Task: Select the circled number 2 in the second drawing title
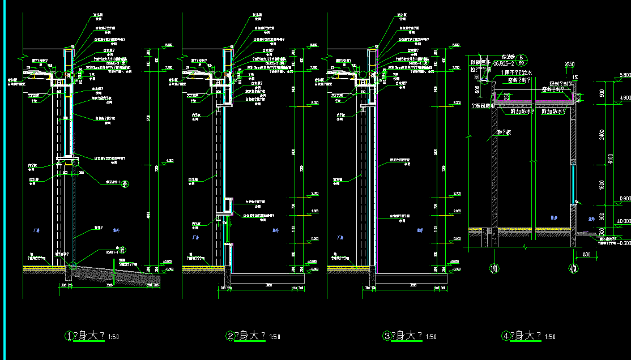(x=231, y=336)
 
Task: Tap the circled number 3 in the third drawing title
(x=387, y=336)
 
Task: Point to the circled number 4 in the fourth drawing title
(x=506, y=336)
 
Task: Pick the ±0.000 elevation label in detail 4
(x=624, y=221)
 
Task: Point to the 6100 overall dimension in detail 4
(x=609, y=157)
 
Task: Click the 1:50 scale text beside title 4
(x=549, y=337)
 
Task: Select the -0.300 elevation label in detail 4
(x=624, y=243)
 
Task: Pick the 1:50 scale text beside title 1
(x=113, y=337)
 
